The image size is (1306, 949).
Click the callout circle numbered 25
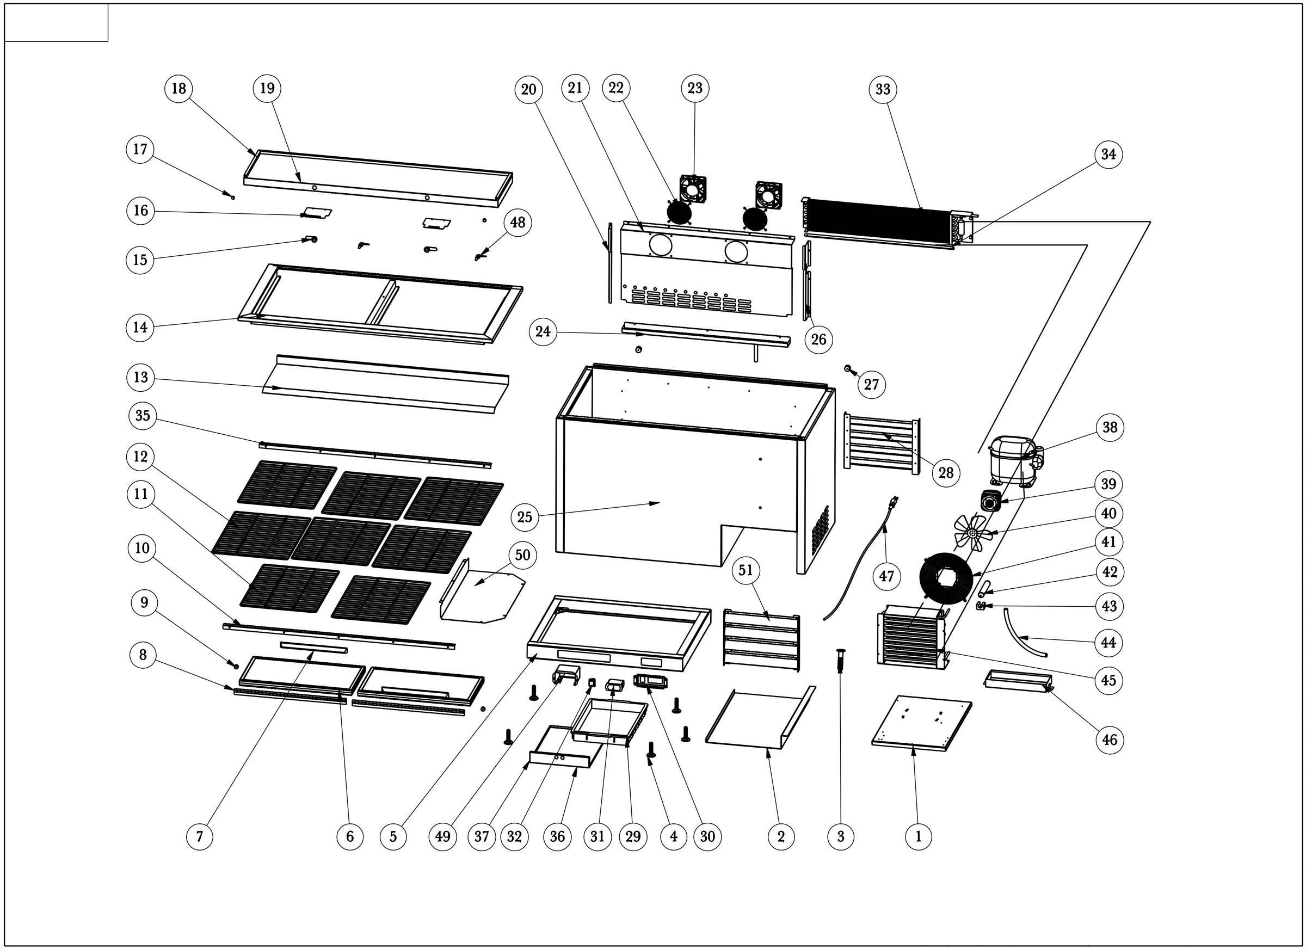point(524,516)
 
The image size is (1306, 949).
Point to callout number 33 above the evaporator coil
point(883,89)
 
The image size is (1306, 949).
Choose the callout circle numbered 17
point(140,149)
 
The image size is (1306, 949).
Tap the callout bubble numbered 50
point(522,554)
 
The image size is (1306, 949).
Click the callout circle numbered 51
point(746,570)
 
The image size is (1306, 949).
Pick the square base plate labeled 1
point(922,723)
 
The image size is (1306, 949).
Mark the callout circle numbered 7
point(199,836)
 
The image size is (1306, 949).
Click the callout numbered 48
point(518,222)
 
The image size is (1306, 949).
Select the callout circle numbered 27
point(871,384)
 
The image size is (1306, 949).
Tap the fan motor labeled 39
point(991,501)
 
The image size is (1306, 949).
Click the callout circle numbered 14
point(140,328)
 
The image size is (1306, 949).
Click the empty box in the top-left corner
point(57,23)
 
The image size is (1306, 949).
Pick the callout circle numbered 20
point(528,89)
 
